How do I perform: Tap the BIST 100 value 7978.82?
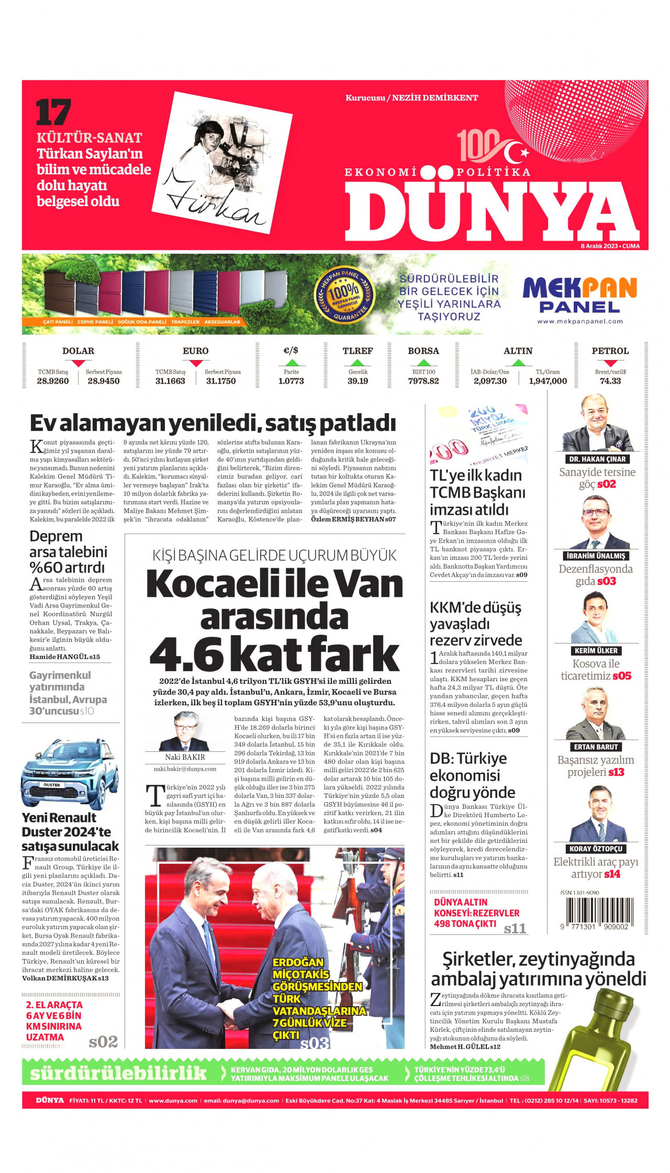423,381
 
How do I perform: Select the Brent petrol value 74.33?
610,381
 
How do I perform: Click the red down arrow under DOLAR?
78,363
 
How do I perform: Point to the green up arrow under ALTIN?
518,363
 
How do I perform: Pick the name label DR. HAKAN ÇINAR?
597,459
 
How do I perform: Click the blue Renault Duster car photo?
70,774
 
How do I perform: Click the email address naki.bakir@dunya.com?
185,769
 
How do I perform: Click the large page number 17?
53,113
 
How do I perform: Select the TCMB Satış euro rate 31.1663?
170,381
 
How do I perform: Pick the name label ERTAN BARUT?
596,747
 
